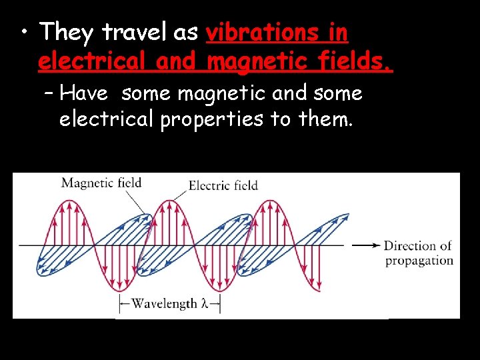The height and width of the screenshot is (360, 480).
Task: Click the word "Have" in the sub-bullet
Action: (87, 94)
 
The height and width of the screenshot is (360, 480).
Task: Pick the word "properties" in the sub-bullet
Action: (205, 121)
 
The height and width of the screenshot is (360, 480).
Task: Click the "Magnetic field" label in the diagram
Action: (101, 183)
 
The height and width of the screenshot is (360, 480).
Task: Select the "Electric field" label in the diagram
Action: (223, 185)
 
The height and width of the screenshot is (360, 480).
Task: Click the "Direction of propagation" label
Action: (418, 253)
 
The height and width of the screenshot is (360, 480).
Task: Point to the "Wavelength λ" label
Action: (170, 304)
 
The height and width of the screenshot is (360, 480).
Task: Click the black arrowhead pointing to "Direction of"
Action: (375, 245)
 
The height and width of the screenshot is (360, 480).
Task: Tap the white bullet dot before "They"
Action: (23, 33)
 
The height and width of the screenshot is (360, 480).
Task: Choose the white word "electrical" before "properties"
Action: (106, 120)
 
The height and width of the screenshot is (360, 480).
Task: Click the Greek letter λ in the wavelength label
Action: (204, 304)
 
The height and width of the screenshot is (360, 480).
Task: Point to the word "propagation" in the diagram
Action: (419, 261)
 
